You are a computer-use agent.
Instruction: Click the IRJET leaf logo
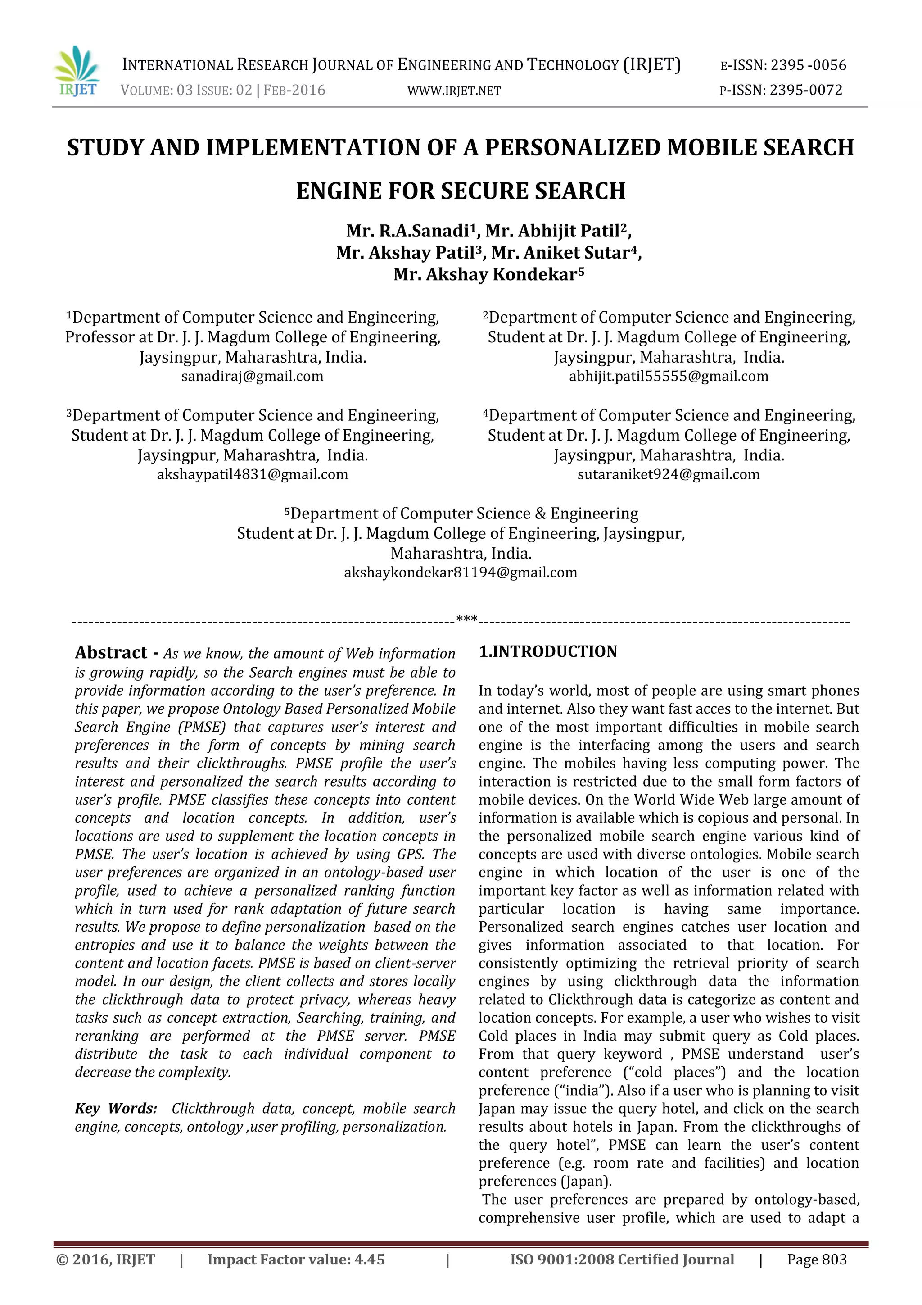pos(77,71)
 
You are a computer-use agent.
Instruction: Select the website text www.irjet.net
pos(454,91)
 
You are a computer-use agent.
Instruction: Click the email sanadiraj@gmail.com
pos(252,376)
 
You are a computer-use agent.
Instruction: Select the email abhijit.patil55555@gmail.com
pos(669,376)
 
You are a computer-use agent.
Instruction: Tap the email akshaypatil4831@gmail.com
pos(252,475)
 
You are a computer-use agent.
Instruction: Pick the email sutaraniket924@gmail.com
pos(669,475)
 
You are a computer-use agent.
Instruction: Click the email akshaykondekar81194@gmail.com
pos(461,573)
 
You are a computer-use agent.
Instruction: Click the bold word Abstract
pos(111,652)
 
